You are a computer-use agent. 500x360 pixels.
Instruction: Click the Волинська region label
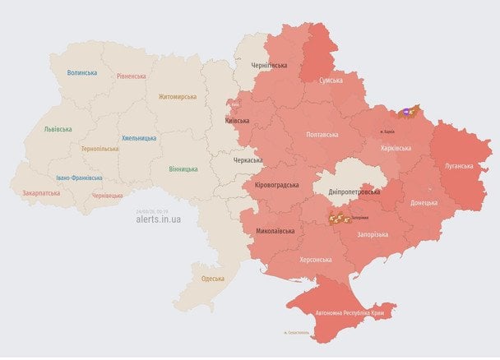pyautogui.click(x=82, y=72)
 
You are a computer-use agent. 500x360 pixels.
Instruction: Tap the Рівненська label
pyautogui.click(x=132, y=76)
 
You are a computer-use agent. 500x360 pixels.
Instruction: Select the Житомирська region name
pyautogui.click(x=178, y=96)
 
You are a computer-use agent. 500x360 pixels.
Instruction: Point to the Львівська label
pyautogui.click(x=58, y=129)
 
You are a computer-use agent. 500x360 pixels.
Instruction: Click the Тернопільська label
pyautogui.click(x=100, y=149)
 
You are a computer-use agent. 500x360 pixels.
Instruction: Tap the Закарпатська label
pyautogui.click(x=41, y=193)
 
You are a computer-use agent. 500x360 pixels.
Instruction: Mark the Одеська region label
pyautogui.click(x=213, y=279)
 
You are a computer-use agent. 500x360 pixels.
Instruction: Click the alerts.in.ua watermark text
pyautogui.click(x=159, y=219)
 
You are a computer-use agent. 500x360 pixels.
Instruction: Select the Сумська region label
pyautogui.click(x=331, y=81)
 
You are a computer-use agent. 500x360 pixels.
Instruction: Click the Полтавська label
pyautogui.click(x=322, y=134)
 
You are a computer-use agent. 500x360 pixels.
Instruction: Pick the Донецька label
pyautogui.click(x=424, y=202)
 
